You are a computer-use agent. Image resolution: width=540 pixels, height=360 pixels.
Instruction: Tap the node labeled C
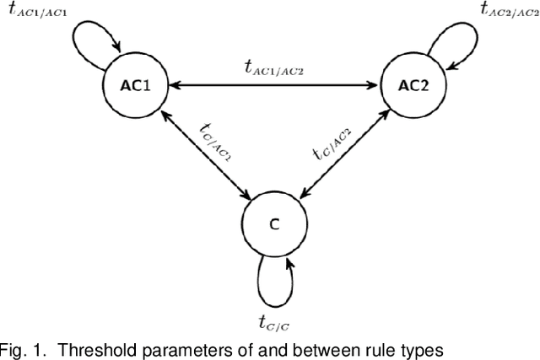click(273, 225)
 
